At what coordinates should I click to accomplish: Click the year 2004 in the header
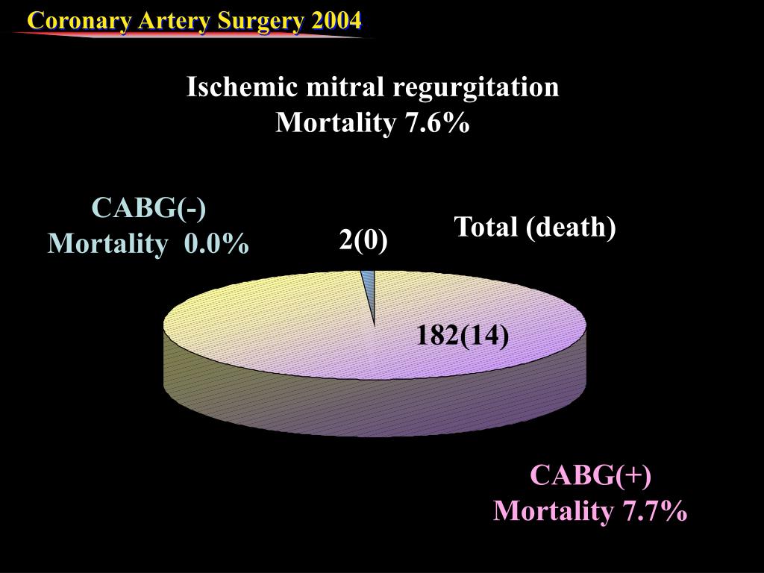pyautogui.click(x=337, y=20)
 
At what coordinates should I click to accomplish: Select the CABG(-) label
pyautogui.click(x=148, y=207)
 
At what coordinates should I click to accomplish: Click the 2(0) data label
pyautogui.click(x=363, y=239)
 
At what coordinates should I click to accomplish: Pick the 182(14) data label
pyautogui.click(x=463, y=336)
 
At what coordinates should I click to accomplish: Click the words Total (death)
pyautogui.click(x=535, y=227)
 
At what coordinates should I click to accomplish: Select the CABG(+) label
pyautogui.click(x=590, y=475)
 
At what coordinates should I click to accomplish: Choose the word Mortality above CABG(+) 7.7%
pyautogui.click(x=552, y=511)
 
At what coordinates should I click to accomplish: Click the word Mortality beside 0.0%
pyautogui.click(x=105, y=243)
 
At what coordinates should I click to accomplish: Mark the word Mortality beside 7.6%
pyautogui.click(x=335, y=122)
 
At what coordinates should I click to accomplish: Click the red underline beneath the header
pyautogui.click(x=187, y=34)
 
